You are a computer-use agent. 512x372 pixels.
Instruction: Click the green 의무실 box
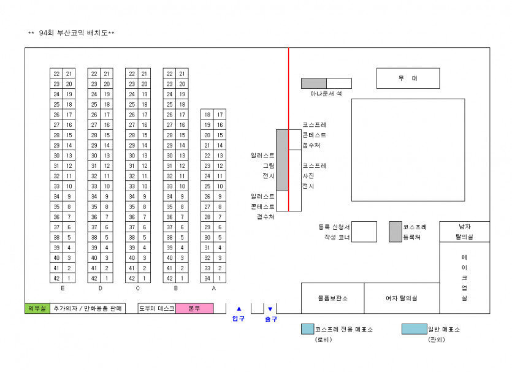click(37, 308)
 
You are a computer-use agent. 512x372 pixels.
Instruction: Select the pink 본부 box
click(194, 308)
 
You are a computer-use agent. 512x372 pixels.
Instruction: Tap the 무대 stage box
click(408, 78)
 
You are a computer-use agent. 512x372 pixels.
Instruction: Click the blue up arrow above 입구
click(239, 309)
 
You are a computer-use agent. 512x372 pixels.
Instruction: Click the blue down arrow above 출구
click(270, 309)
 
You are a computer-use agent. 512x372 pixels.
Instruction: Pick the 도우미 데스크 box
click(157, 308)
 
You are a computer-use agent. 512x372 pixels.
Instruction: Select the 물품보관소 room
click(332, 298)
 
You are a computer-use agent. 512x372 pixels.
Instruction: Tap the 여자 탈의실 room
click(402, 298)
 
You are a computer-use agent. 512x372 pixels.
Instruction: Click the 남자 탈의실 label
click(465, 231)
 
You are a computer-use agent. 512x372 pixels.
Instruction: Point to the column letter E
click(63, 287)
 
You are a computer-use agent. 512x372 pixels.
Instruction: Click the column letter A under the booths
click(213, 287)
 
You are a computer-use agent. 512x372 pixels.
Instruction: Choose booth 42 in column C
click(132, 278)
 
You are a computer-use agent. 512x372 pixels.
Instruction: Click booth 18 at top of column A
click(207, 115)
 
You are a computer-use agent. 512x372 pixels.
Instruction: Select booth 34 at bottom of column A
click(207, 278)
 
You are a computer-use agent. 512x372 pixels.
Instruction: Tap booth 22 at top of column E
click(56, 74)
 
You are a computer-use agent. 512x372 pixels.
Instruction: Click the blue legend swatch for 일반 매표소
click(414, 329)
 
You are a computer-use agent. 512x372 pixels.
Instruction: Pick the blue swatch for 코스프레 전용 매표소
click(307, 329)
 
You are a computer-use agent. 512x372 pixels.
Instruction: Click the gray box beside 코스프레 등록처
click(395, 232)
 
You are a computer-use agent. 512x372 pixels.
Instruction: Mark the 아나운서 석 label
click(326, 94)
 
